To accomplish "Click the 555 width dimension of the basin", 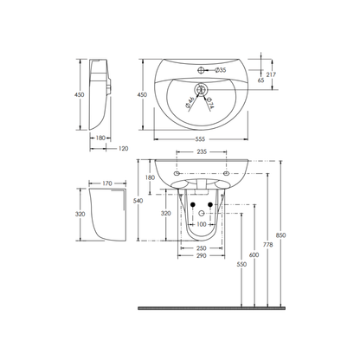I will pyautogui.click(x=200, y=138).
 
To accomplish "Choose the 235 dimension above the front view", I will pyautogui.click(x=201, y=152).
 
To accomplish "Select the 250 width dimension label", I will pyautogui.click(x=201, y=247).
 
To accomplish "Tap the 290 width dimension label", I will pyautogui.click(x=201, y=258).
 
